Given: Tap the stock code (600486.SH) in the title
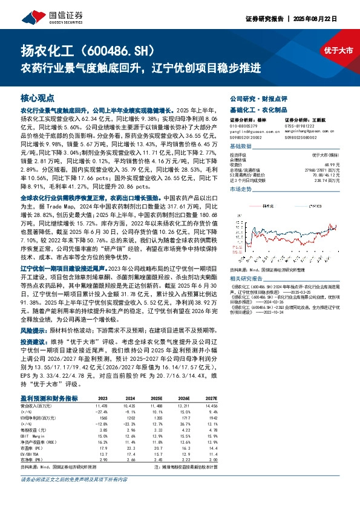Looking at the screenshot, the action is coord(126,51).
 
